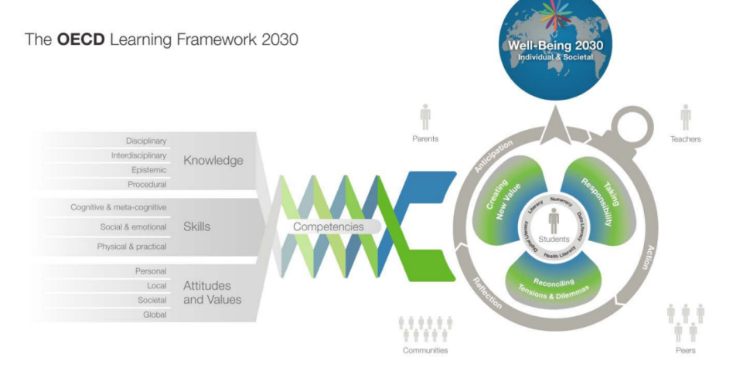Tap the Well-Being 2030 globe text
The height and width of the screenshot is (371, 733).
(555, 51)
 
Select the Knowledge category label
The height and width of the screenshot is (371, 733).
(213, 161)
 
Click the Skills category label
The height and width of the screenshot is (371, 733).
(197, 226)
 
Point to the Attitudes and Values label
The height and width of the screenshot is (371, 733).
(213, 292)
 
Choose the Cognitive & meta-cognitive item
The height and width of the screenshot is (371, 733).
(119, 207)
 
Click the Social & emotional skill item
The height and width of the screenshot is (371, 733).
(133, 226)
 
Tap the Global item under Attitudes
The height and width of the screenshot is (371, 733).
(155, 314)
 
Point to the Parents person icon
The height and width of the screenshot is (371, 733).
(425, 117)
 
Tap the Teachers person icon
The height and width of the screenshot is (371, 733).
(685, 117)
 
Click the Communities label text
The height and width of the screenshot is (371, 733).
(425, 350)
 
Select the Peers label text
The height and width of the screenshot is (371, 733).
(685, 350)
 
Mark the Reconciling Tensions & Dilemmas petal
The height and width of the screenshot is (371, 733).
(553, 287)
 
